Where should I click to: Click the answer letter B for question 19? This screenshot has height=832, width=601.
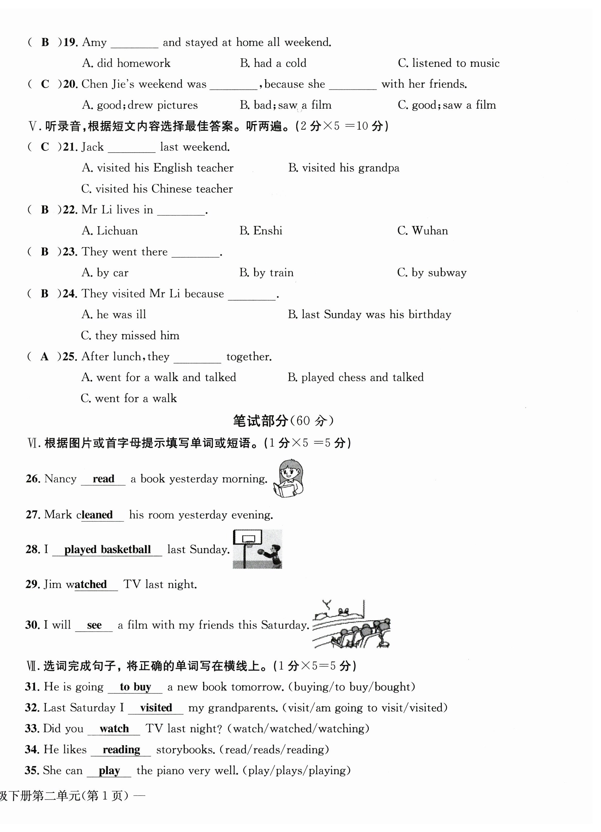pyautogui.click(x=45, y=42)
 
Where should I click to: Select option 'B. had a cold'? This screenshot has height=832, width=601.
pyautogui.click(x=273, y=63)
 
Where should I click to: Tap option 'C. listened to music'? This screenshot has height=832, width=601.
pyautogui.click(x=448, y=63)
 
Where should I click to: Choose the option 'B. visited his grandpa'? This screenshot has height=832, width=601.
pyautogui.click(x=343, y=168)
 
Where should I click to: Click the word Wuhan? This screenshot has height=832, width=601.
pyautogui.click(x=430, y=231)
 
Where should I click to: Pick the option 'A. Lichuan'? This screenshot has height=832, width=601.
pyautogui.click(x=110, y=231)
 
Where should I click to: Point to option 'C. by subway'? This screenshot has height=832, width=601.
pyautogui.click(x=432, y=272)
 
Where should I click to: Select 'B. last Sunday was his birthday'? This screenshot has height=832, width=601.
pyautogui.click(x=369, y=314)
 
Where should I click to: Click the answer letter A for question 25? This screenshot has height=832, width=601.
pyautogui.click(x=44, y=357)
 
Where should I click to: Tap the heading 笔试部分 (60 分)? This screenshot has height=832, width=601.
pyautogui.click(x=283, y=421)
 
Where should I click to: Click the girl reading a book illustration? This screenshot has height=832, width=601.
pyautogui.click(x=289, y=478)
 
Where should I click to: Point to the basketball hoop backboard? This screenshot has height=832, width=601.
pyautogui.click(x=248, y=538)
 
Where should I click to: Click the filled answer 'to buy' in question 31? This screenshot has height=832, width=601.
pyautogui.click(x=135, y=687)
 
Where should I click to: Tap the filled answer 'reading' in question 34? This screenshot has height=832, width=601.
pyautogui.click(x=121, y=749)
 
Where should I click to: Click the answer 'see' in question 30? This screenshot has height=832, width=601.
pyautogui.click(x=94, y=625)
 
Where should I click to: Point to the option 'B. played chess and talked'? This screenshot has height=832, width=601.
pyautogui.click(x=355, y=378)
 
